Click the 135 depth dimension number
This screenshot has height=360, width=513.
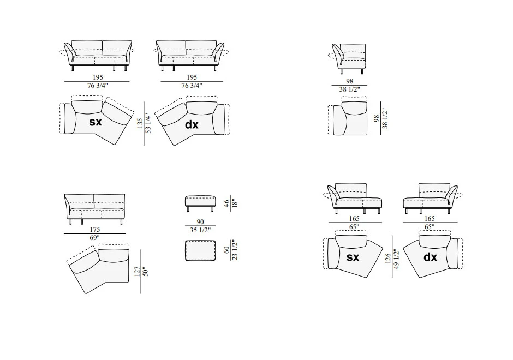[140, 123]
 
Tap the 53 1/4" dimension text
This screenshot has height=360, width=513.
[148, 123]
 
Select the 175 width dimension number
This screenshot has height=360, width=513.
[95, 230]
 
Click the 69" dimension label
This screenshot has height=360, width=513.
[94, 238]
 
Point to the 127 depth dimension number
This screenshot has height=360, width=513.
[137, 272]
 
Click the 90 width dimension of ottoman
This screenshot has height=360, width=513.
[200, 221]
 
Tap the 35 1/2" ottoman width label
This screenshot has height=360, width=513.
[200, 230]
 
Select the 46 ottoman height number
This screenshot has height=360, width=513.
[226, 203]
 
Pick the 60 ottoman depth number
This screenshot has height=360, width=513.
[226, 250]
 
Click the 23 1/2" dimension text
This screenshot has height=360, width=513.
[235, 250]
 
